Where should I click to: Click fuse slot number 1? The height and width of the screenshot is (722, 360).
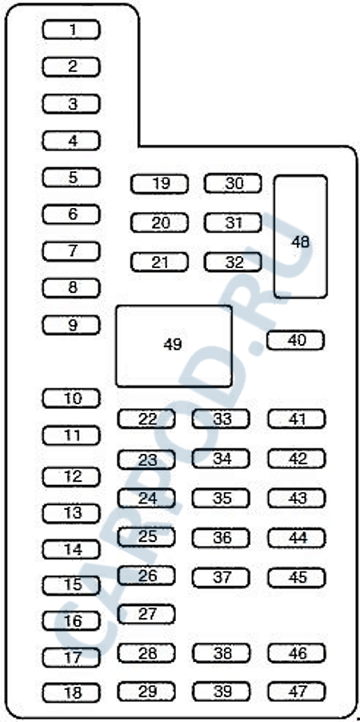71,30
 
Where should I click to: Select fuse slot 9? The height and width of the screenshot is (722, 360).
71,325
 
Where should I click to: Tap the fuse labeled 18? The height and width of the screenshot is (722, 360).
71,692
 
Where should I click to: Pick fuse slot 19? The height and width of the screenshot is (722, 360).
159,184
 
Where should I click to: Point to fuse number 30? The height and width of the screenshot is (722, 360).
233,183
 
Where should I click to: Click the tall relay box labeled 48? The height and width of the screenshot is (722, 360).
301,237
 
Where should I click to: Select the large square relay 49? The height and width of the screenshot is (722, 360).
174,346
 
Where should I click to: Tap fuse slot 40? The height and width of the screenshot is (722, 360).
295,340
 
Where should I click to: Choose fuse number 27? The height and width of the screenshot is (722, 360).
146,614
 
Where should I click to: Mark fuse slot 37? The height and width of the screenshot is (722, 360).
221,578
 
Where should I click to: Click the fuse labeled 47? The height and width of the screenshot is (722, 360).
297,692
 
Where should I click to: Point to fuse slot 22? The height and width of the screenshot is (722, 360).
146,419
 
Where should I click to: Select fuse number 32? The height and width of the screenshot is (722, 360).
233,262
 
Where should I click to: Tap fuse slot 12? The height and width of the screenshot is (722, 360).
71,476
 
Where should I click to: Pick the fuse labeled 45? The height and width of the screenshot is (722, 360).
297,578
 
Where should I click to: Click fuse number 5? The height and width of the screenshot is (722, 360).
71,177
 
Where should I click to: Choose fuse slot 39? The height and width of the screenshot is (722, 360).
221,692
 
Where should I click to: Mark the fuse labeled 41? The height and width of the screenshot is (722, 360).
297,419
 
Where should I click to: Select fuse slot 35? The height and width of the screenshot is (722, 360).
221,498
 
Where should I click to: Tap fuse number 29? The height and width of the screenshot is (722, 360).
146,692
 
